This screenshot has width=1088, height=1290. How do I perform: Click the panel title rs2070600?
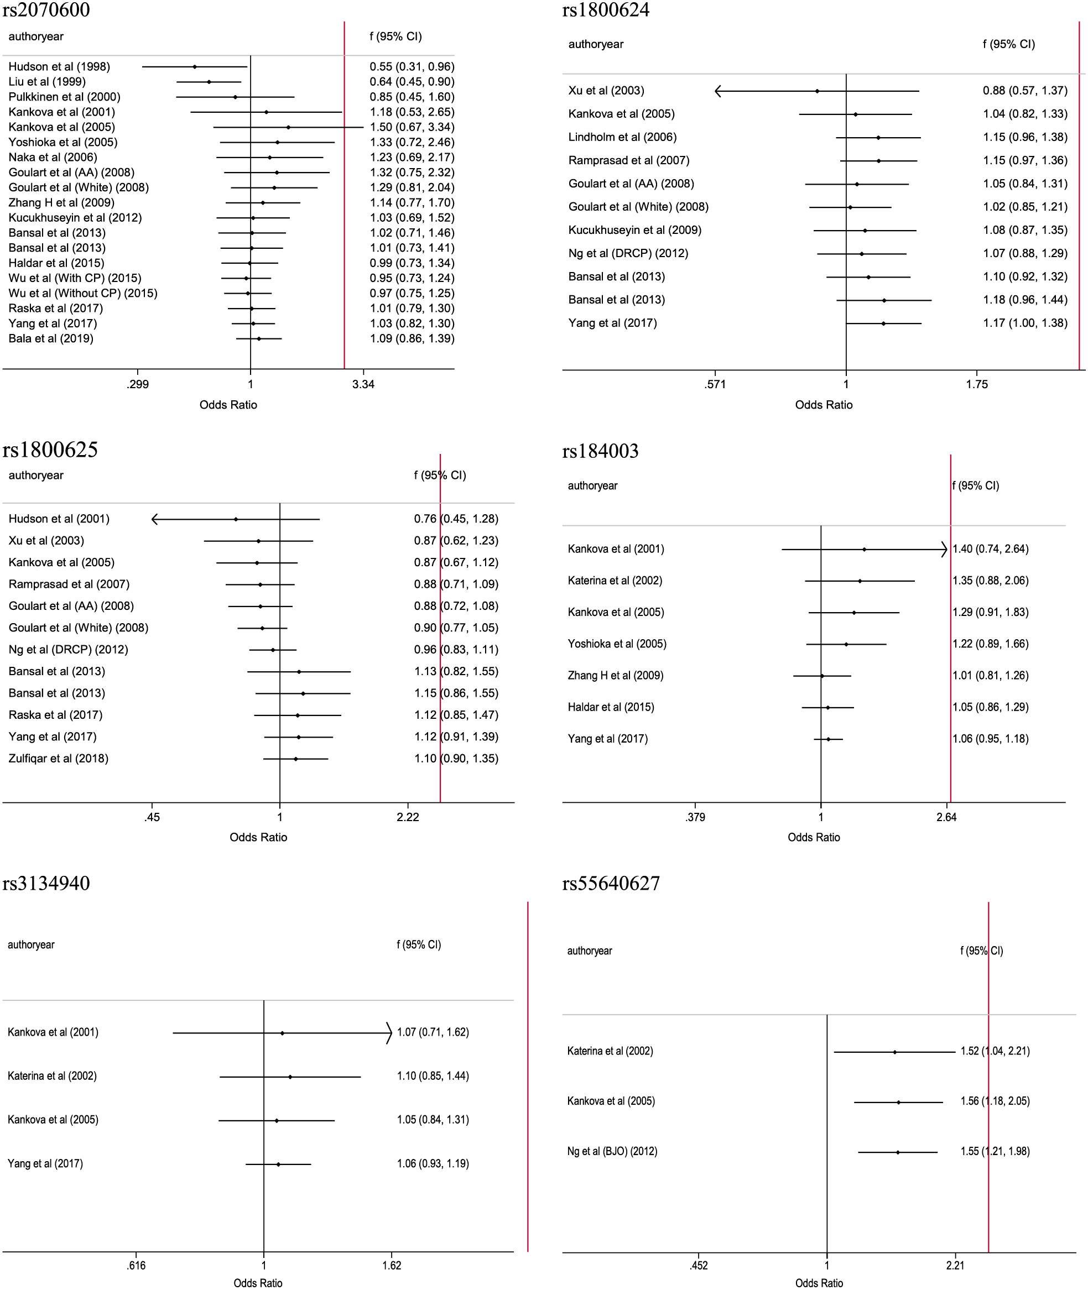46,10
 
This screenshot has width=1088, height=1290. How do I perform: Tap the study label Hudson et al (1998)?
59,66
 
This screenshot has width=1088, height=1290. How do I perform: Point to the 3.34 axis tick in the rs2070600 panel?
363,385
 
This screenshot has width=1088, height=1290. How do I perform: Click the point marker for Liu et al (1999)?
209,82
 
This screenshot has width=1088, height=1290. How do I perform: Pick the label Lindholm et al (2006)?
622,137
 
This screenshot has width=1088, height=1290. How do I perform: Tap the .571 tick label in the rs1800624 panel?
715,385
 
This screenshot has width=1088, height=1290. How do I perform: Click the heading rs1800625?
50,450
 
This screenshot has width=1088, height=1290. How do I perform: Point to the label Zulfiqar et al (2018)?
59,759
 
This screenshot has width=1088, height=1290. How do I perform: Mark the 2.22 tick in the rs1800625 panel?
408,817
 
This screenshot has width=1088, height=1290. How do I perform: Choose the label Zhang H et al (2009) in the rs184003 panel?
616,675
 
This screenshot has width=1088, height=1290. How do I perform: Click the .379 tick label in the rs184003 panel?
695,817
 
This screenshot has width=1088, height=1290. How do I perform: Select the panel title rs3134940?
46,883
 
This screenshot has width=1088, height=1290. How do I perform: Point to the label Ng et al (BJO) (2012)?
612,1151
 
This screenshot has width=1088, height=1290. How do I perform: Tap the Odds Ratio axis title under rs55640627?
819,1283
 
